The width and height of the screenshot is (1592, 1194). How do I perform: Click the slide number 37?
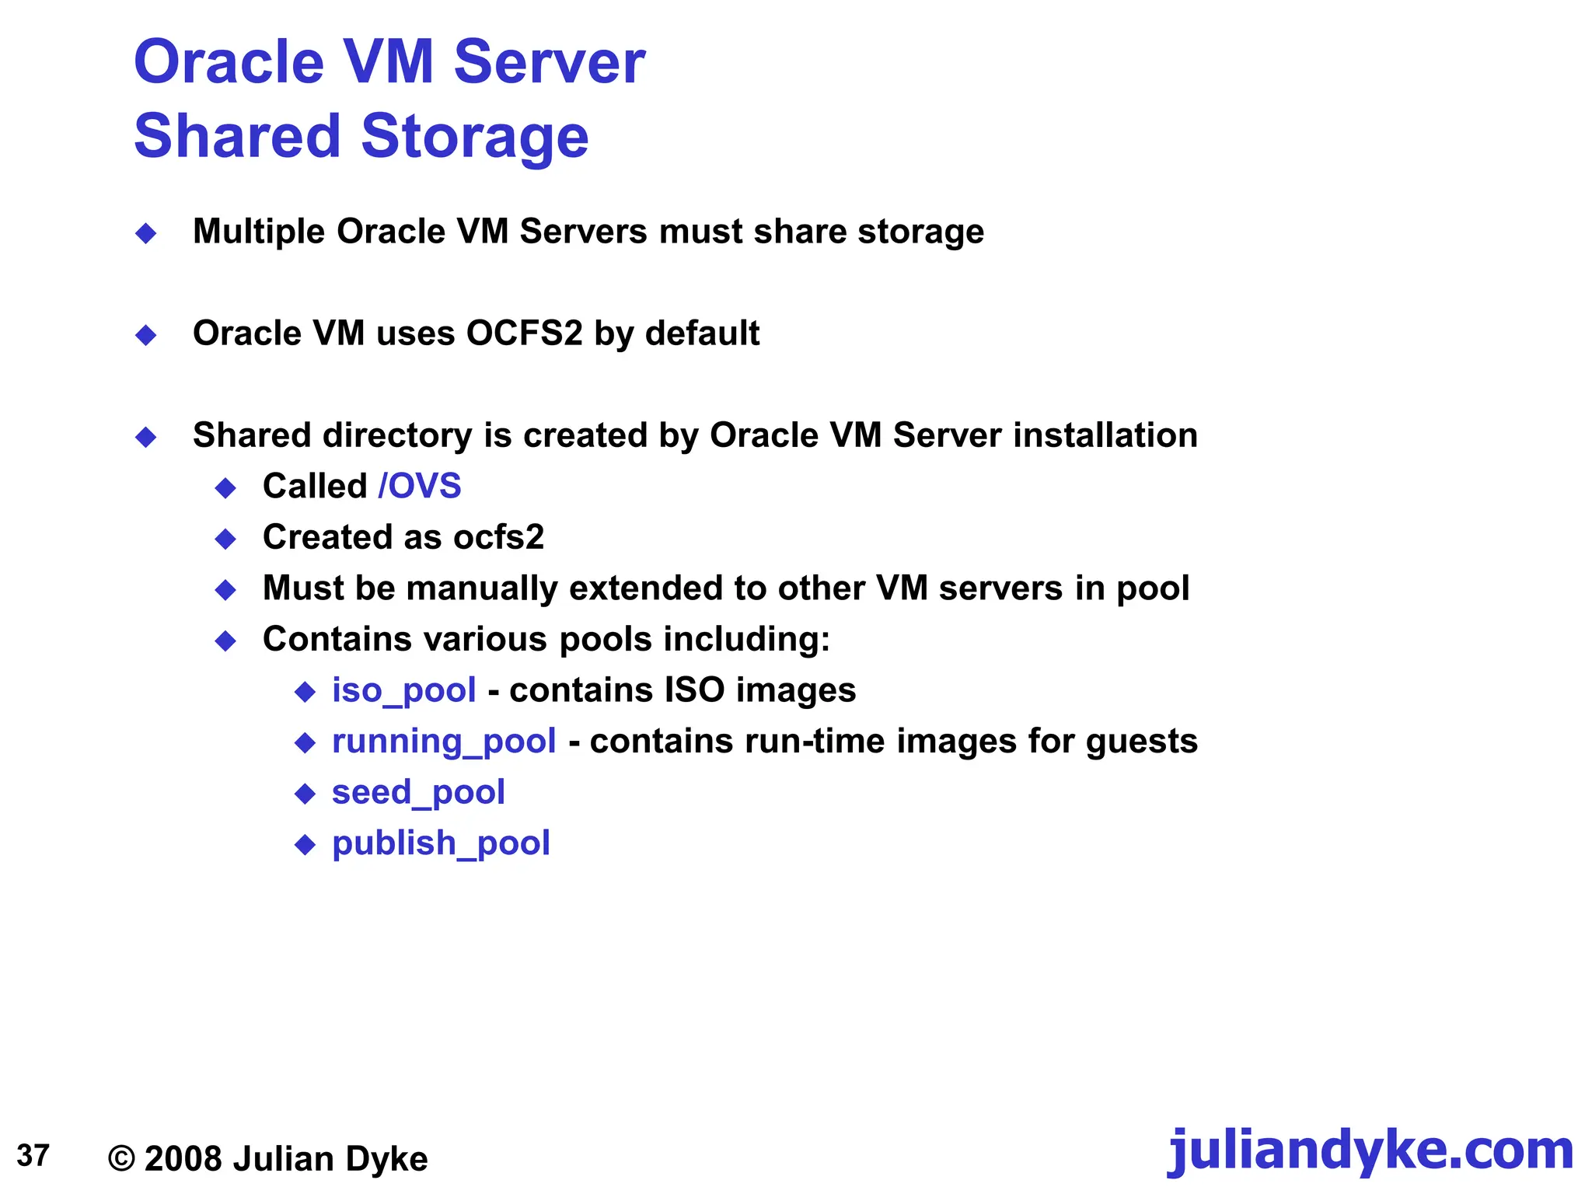coord(33,1156)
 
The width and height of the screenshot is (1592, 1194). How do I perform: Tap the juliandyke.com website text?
coord(1370,1151)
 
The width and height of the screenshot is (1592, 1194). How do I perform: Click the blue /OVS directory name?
coord(420,487)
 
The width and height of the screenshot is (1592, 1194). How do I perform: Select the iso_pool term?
coord(403,691)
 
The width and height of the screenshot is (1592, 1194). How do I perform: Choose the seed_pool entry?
coord(418,793)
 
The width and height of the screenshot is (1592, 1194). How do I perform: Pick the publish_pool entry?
coord(441,844)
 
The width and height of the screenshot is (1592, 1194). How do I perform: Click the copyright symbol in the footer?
coord(121,1159)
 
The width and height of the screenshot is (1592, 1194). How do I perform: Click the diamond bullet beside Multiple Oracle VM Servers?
coord(146,233)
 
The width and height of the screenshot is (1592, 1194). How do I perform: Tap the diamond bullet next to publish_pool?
coord(305,845)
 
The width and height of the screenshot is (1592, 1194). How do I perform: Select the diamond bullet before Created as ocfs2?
coord(226,539)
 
